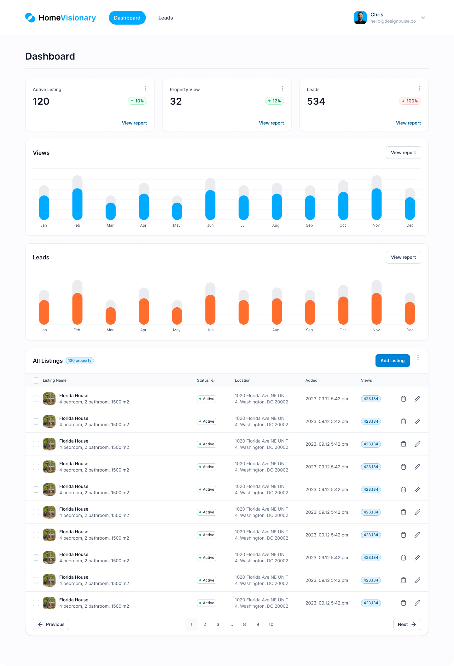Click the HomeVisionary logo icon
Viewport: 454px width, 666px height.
coord(30,18)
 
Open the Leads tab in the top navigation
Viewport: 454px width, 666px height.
coord(166,18)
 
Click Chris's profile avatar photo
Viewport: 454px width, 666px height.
coord(360,18)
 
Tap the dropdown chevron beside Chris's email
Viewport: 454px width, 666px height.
coord(423,18)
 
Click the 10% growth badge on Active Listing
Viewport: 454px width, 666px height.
coord(137,101)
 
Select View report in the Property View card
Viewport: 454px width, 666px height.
coord(271,123)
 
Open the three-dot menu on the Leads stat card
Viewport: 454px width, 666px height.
coord(419,88)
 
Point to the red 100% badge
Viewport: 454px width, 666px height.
coord(410,101)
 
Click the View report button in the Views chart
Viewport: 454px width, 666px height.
coord(403,153)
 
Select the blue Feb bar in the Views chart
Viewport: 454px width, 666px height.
coord(77,204)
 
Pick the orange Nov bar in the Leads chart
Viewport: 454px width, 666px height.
coord(376,309)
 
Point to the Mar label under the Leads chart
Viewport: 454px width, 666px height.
coord(110,330)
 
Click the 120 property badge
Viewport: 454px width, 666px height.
coord(80,361)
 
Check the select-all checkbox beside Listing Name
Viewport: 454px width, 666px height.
coord(36,380)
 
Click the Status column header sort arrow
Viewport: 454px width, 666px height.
coord(213,380)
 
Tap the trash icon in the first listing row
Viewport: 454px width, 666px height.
coord(403,399)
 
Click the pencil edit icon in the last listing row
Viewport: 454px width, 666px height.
coord(417,603)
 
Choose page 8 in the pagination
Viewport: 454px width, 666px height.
coord(244,624)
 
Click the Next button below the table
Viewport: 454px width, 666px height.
coord(407,624)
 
